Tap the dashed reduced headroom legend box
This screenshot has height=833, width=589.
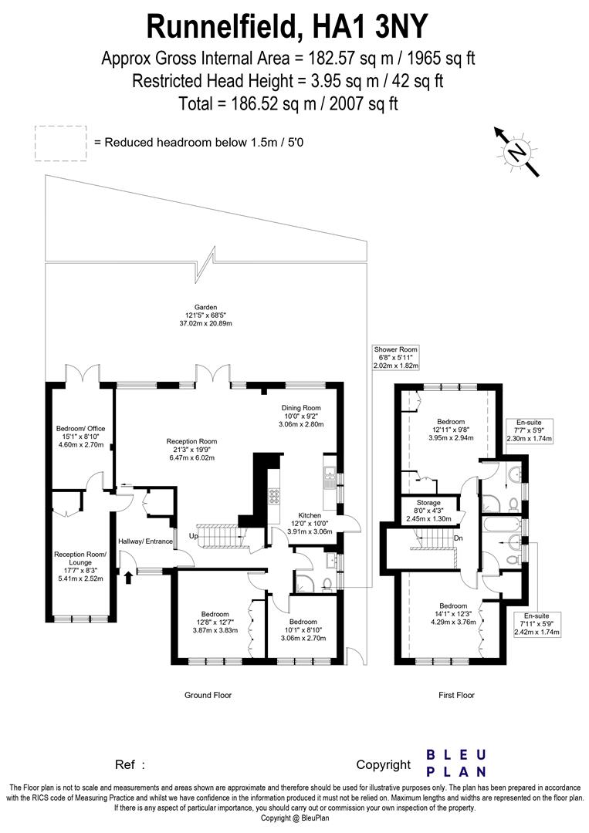(60, 143)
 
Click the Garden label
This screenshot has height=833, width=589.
(207, 315)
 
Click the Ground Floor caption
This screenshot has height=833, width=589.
(208, 695)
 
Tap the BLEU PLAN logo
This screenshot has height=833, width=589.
(456, 762)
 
